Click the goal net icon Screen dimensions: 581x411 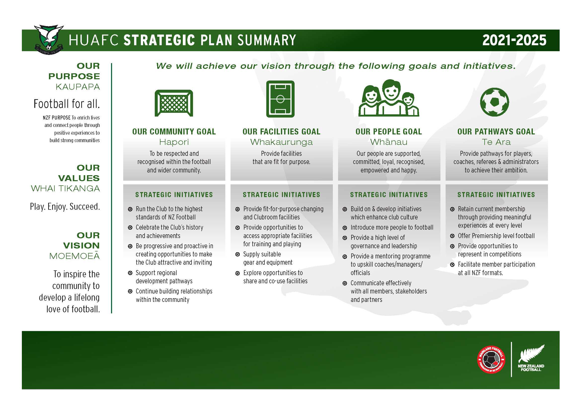[174, 103]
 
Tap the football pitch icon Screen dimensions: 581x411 [280, 99]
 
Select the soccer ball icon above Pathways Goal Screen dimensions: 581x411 [495, 102]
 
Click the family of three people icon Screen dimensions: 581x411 [389, 98]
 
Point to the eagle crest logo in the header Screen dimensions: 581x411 [49, 40]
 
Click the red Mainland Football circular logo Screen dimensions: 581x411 [491, 360]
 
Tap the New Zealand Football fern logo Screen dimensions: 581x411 [531, 358]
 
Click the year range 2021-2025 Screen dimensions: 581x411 [514, 40]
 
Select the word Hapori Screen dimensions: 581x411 [174, 142]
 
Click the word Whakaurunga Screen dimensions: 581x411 [281, 142]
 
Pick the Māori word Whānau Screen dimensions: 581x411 [389, 142]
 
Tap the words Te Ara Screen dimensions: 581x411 [496, 142]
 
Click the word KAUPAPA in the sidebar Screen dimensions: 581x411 [78, 87]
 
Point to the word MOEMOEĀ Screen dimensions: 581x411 [75, 256]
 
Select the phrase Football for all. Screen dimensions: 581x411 [67, 104]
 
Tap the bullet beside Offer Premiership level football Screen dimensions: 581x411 [452, 236]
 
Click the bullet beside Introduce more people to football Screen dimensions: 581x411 [345, 228]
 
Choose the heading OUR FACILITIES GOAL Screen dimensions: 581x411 [281, 132]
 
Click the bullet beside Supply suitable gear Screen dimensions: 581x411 [237, 254]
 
